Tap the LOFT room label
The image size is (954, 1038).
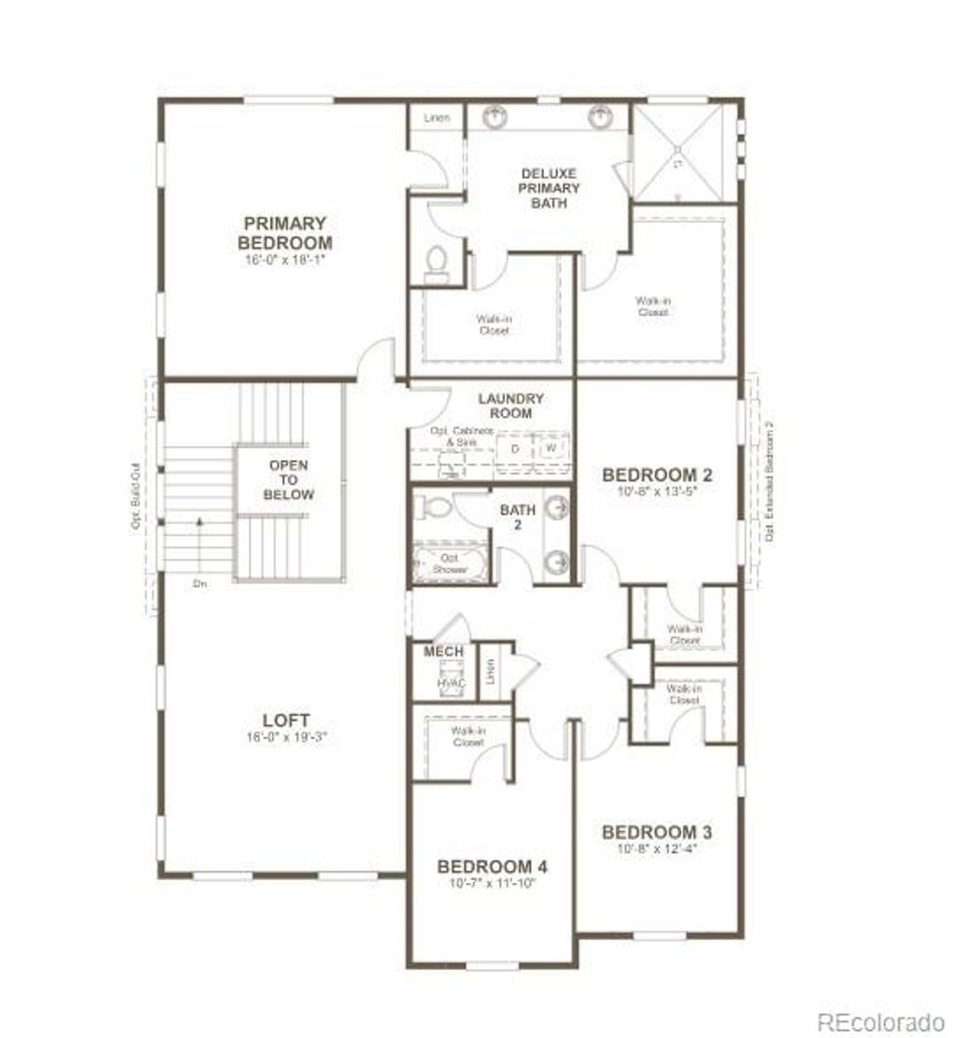[x=287, y=721]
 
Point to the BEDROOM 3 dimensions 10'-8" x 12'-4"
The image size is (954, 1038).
[x=657, y=849]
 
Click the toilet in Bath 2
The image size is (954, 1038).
[x=432, y=507]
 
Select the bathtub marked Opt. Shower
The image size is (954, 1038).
[x=450, y=561]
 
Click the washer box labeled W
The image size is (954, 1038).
[x=552, y=447]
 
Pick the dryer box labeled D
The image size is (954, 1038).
[x=514, y=447]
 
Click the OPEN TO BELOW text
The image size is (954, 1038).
[x=288, y=479]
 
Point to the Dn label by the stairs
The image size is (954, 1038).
[x=199, y=584]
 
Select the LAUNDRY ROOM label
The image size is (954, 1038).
[x=511, y=406]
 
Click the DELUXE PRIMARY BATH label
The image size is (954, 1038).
[x=549, y=188]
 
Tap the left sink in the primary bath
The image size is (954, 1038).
[x=495, y=116]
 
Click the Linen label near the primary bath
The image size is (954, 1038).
[x=436, y=118]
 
